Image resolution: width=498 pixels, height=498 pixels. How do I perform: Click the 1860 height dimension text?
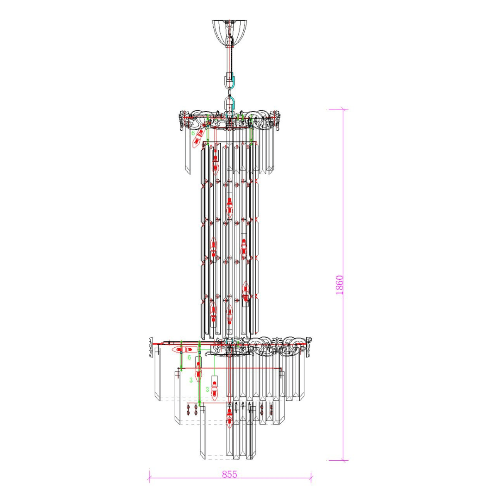tap(339, 285)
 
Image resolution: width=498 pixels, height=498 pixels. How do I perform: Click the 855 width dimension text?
tap(229, 474)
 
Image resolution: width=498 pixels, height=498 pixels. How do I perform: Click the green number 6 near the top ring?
tap(193, 133)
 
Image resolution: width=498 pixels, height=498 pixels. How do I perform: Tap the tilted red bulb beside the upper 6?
tap(199, 137)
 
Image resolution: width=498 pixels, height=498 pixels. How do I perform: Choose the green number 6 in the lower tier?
tap(189, 357)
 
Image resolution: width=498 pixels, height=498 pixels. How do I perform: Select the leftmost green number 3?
tap(191, 380)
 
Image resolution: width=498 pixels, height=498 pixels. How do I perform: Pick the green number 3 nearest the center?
tap(207, 390)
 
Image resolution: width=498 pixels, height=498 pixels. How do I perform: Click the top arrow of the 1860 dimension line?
tap(343, 110)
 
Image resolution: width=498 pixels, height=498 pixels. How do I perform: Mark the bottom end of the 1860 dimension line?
tap(343, 460)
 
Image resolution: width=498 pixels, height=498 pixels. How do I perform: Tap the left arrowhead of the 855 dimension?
tap(149, 478)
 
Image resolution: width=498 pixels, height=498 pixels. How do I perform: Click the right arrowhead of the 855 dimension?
tap(311, 478)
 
